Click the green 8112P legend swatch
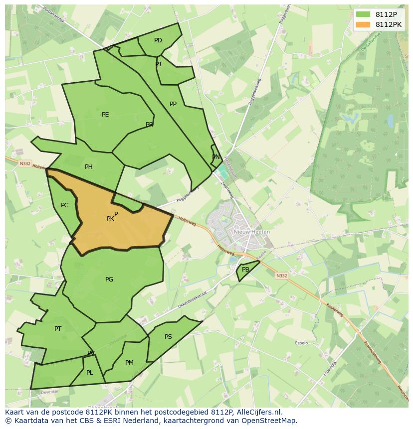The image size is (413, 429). tap(363, 14)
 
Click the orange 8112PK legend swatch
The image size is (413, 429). tap(363, 24)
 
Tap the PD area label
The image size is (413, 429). tap(158, 40)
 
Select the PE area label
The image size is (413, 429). tap(105, 115)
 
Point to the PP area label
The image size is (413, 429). tap(173, 104)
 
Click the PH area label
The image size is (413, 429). tap(89, 167)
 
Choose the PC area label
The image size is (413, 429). tap(64, 205)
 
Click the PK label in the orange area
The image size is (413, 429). tap(110, 219)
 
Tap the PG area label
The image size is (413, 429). tap(109, 280)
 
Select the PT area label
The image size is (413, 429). tap(58, 329)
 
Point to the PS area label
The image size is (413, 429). tap(168, 337)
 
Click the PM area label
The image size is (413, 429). tap(129, 363)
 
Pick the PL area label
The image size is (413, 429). tap(90, 373)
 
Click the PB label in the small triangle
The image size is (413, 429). tap(245, 270)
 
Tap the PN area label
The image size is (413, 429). tap(216, 157)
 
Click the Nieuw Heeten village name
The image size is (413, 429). tap(252, 232)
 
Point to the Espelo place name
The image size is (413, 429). tap(301, 343)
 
